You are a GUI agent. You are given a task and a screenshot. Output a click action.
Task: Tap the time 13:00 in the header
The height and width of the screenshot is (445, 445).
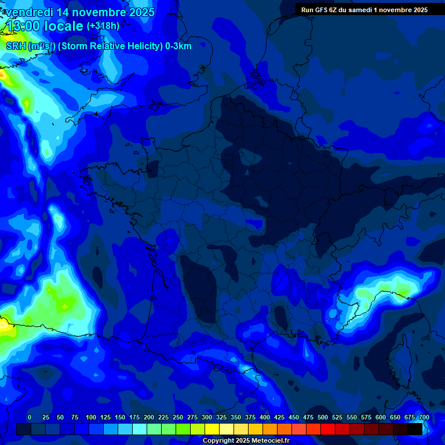point(24,27)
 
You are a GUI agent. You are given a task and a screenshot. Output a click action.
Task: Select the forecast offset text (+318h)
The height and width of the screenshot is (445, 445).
point(103,26)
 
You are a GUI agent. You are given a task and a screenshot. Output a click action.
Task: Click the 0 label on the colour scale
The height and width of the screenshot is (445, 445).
point(30,417)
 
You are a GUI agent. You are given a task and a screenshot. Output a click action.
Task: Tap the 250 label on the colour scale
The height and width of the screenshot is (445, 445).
point(178,417)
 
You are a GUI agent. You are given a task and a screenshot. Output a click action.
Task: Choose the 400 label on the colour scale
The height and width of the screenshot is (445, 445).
point(265,417)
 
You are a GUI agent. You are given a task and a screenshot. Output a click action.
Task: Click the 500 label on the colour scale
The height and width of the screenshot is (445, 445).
point(323,417)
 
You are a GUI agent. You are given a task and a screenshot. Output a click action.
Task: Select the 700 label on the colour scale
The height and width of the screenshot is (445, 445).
point(424,417)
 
